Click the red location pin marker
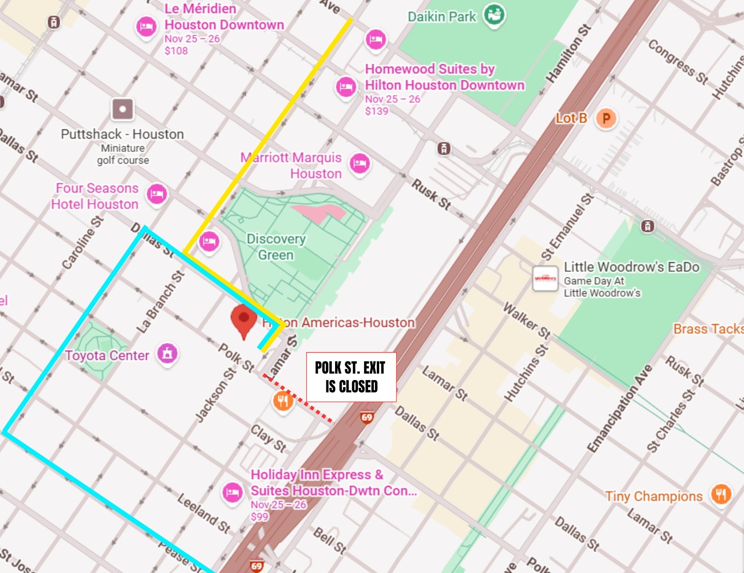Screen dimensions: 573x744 pyautogui.click(x=243, y=320)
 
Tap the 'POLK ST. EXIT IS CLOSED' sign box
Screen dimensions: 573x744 pyautogui.click(x=351, y=377)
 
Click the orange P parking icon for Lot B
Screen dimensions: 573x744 pyautogui.click(x=606, y=119)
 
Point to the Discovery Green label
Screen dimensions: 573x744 pyautogui.click(x=276, y=247)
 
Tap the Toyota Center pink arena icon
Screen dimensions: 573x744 pyautogui.click(x=167, y=353)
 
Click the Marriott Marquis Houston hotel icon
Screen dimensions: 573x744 pyautogui.click(x=360, y=163)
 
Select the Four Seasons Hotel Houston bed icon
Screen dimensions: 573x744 pyautogui.click(x=157, y=194)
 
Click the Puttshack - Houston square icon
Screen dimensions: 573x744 pyautogui.click(x=122, y=109)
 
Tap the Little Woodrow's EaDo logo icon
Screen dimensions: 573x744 pyautogui.click(x=545, y=278)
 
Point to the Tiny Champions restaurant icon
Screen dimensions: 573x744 pyautogui.click(x=721, y=494)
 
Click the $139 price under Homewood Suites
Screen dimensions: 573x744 pyautogui.click(x=376, y=111)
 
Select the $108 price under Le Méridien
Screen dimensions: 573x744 pyautogui.click(x=176, y=51)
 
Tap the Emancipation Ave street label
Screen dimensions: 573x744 pyautogui.click(x=620, y=408)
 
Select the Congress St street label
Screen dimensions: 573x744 pyautogui.click(x=678, y=62)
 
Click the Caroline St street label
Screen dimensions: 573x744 pyautogui.click(x=83, y=242)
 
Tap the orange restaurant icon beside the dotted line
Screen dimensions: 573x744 pyautogui.click(x=283, y=402)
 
